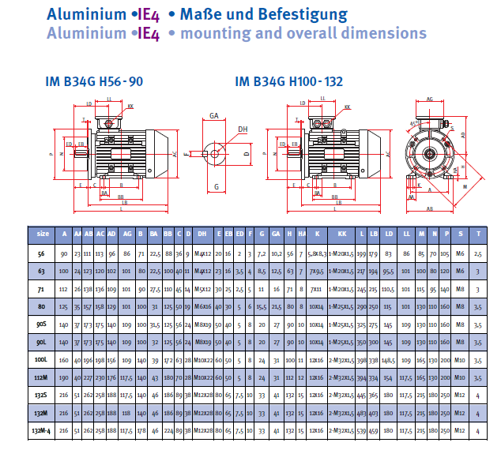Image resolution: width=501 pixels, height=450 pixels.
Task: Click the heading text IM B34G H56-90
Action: (94, 81)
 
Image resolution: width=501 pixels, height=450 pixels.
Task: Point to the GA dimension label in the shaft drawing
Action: (213, 115)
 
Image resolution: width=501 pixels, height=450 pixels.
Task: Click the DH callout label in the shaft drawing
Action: (243, 129)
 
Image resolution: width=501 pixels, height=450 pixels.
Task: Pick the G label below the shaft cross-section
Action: (216, 187)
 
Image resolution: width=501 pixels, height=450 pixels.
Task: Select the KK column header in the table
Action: (342, 234)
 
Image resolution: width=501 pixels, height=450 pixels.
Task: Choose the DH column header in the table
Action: (202, 234)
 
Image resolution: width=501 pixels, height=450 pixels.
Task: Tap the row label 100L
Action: (42, 359)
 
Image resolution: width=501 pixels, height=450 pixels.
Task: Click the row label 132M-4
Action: (42, 429)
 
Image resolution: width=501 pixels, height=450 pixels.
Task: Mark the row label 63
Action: (42, 272)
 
